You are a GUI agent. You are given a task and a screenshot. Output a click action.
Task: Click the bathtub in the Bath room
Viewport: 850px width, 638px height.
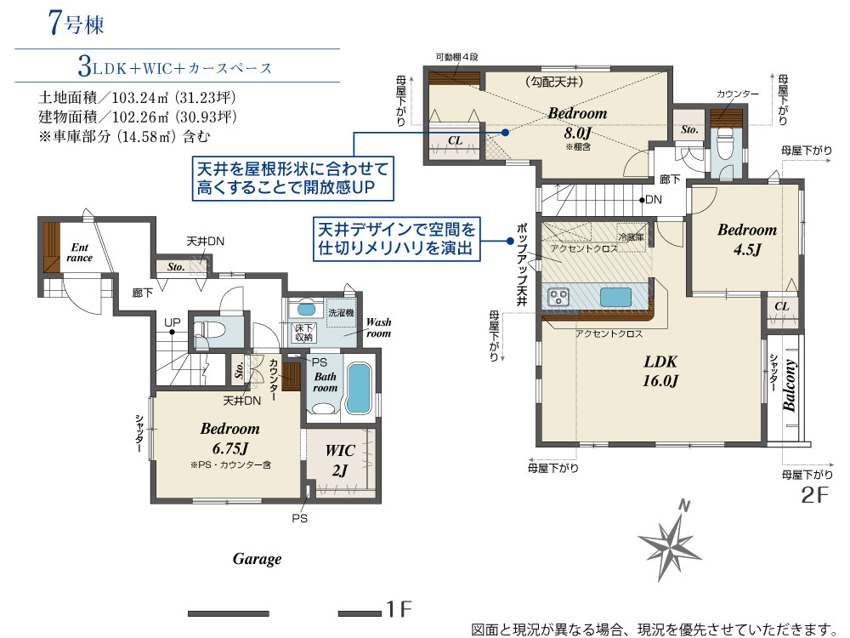point(358,388)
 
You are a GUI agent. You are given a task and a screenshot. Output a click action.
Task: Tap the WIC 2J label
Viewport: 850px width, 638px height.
point(340,460)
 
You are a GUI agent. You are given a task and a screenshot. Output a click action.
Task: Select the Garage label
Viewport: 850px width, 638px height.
point(257,559)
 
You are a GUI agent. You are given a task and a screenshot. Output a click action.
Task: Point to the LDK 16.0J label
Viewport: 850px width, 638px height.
point(660,371)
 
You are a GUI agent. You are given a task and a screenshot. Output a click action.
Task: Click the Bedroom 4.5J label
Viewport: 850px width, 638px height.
point(747,239)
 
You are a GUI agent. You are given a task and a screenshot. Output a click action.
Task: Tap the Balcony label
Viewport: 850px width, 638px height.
point(789,385)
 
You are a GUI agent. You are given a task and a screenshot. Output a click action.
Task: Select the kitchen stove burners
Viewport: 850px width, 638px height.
point(558,297)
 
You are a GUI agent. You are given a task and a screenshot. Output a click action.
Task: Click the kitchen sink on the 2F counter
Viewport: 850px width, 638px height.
point(615,297)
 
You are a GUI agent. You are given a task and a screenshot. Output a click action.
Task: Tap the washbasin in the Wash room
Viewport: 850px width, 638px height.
point(306,310)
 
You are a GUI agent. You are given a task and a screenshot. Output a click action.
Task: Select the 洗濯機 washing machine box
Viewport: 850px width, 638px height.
point(342,312)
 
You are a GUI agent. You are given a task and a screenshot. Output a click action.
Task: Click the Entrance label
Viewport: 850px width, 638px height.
point(79,253)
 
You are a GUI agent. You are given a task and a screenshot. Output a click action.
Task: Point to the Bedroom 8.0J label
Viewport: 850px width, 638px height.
point(577,122)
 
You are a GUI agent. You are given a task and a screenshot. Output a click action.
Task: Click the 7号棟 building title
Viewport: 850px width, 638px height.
point(76,23)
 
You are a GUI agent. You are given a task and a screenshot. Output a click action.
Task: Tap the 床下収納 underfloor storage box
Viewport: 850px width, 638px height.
point(303,333)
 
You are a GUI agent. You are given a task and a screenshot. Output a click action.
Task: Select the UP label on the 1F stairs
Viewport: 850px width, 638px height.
point(173,322)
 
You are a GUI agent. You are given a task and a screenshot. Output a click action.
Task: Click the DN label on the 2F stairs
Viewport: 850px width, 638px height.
point(653,200)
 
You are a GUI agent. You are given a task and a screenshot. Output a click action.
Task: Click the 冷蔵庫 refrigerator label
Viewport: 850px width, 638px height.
point(631,237)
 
